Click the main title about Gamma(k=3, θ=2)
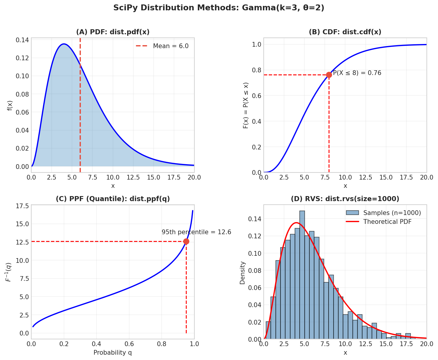click(219, 8)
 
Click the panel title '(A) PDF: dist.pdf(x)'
click(113, 32)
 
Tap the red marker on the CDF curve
click(329, 75)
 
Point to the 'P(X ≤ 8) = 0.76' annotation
click(357, 73)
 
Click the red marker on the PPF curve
click(186, 242)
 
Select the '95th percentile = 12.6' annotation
click(196, 232)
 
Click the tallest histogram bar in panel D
click(302, 275)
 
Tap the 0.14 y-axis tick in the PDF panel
click(22, 40)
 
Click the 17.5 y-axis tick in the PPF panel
click(22, 206)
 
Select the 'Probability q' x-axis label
click(113, 353)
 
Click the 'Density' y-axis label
click(242, 273)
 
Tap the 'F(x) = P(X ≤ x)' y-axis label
click(246, 105)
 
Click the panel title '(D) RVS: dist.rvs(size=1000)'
click(345, 199)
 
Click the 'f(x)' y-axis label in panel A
click(10, 105)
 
